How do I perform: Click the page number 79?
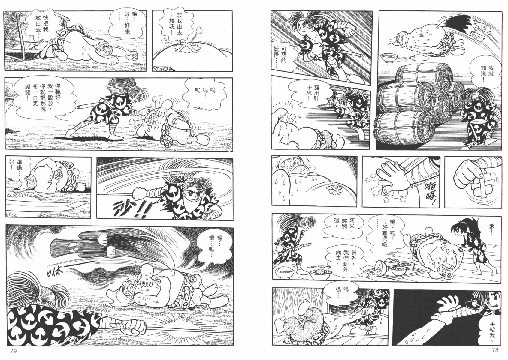[x=14, y=351]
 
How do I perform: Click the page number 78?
[x=495, y=350]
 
